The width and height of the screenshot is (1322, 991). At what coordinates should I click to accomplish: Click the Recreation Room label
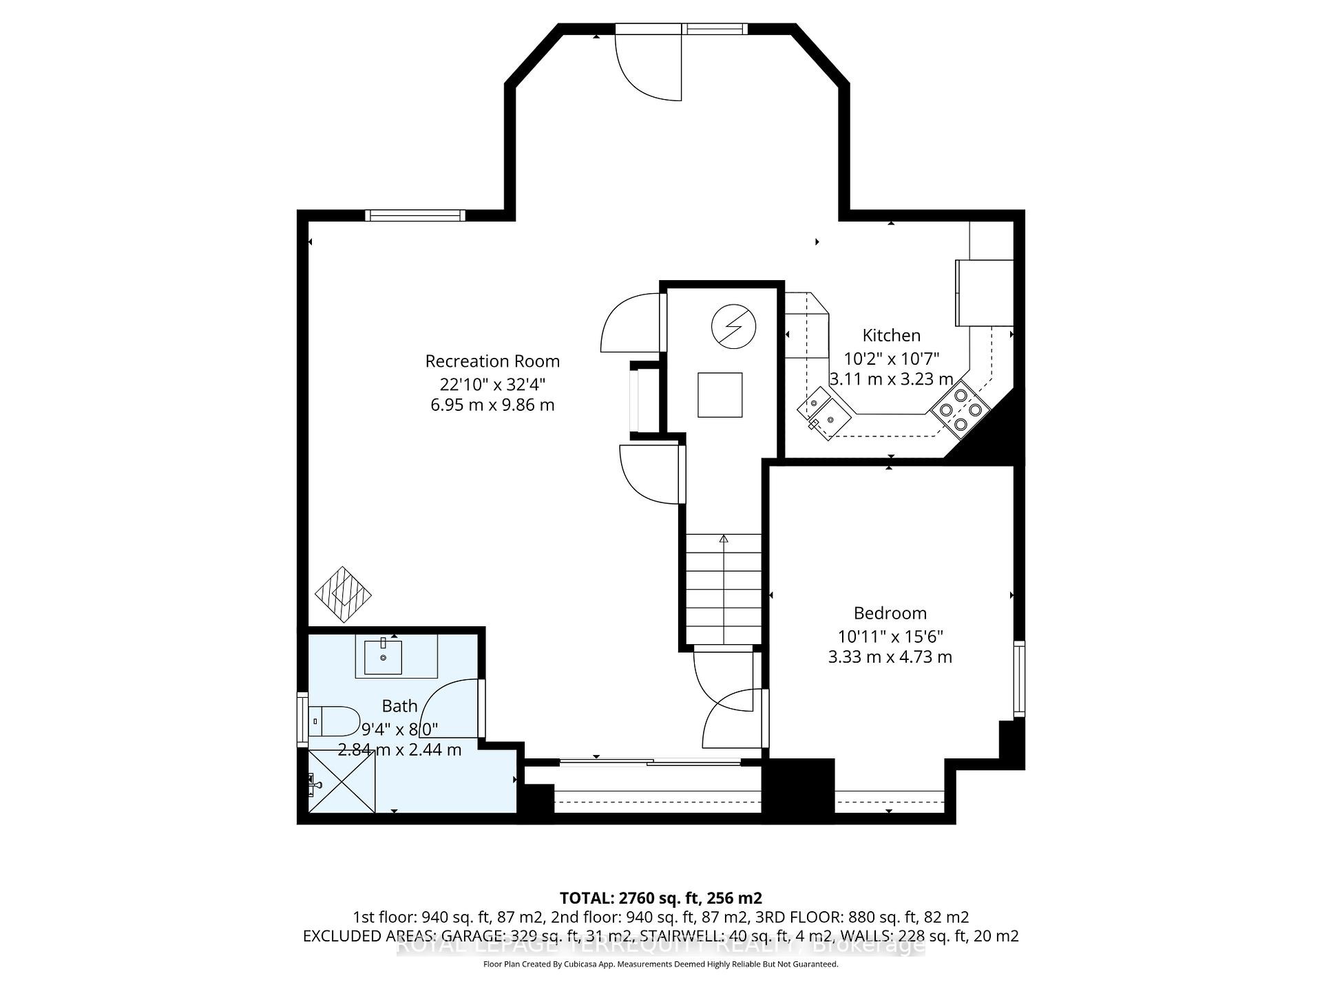pos(492,361)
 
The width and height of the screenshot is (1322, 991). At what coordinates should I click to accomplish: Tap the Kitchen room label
pos(891,336)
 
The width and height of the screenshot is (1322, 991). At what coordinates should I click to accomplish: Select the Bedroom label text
pos(890,613)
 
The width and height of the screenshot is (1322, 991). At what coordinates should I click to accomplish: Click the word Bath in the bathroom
pos(399,706)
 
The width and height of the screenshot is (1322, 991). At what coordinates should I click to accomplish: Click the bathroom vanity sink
pos(383,657)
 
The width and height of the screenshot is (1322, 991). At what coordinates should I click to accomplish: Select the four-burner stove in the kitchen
pos(960,409)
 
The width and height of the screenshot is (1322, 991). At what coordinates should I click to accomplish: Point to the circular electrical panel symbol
pos(733,327)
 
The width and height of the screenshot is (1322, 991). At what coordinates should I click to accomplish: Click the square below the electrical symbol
pos(720,395)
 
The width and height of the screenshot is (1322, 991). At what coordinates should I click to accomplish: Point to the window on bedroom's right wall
pos(1018,679)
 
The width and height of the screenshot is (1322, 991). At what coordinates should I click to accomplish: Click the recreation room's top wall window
pos(415,215)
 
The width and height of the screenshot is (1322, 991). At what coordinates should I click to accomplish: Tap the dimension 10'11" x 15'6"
pos(890,637)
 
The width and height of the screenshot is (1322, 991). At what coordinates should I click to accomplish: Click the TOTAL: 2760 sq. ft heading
pos(660,898)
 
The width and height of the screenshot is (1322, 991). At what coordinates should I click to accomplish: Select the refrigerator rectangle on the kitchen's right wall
pos(983,292)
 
